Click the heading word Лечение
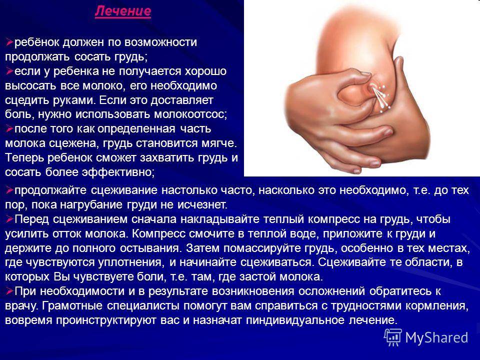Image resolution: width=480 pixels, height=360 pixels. click(123, 11)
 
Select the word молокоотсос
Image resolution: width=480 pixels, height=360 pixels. click(190, 114)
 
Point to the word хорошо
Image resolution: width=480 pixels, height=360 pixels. click(205, 71)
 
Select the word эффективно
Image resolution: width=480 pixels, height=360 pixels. click(117, 172)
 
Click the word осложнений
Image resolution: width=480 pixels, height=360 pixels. click(332, 291)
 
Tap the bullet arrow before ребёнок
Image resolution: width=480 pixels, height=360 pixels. click(9, 42)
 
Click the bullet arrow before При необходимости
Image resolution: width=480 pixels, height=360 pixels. click(9, 291)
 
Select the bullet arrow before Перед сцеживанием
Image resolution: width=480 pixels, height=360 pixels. click(9, 219)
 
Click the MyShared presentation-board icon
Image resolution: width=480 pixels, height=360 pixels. click(393, 337)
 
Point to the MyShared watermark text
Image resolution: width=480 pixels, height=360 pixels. click(437, 337)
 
